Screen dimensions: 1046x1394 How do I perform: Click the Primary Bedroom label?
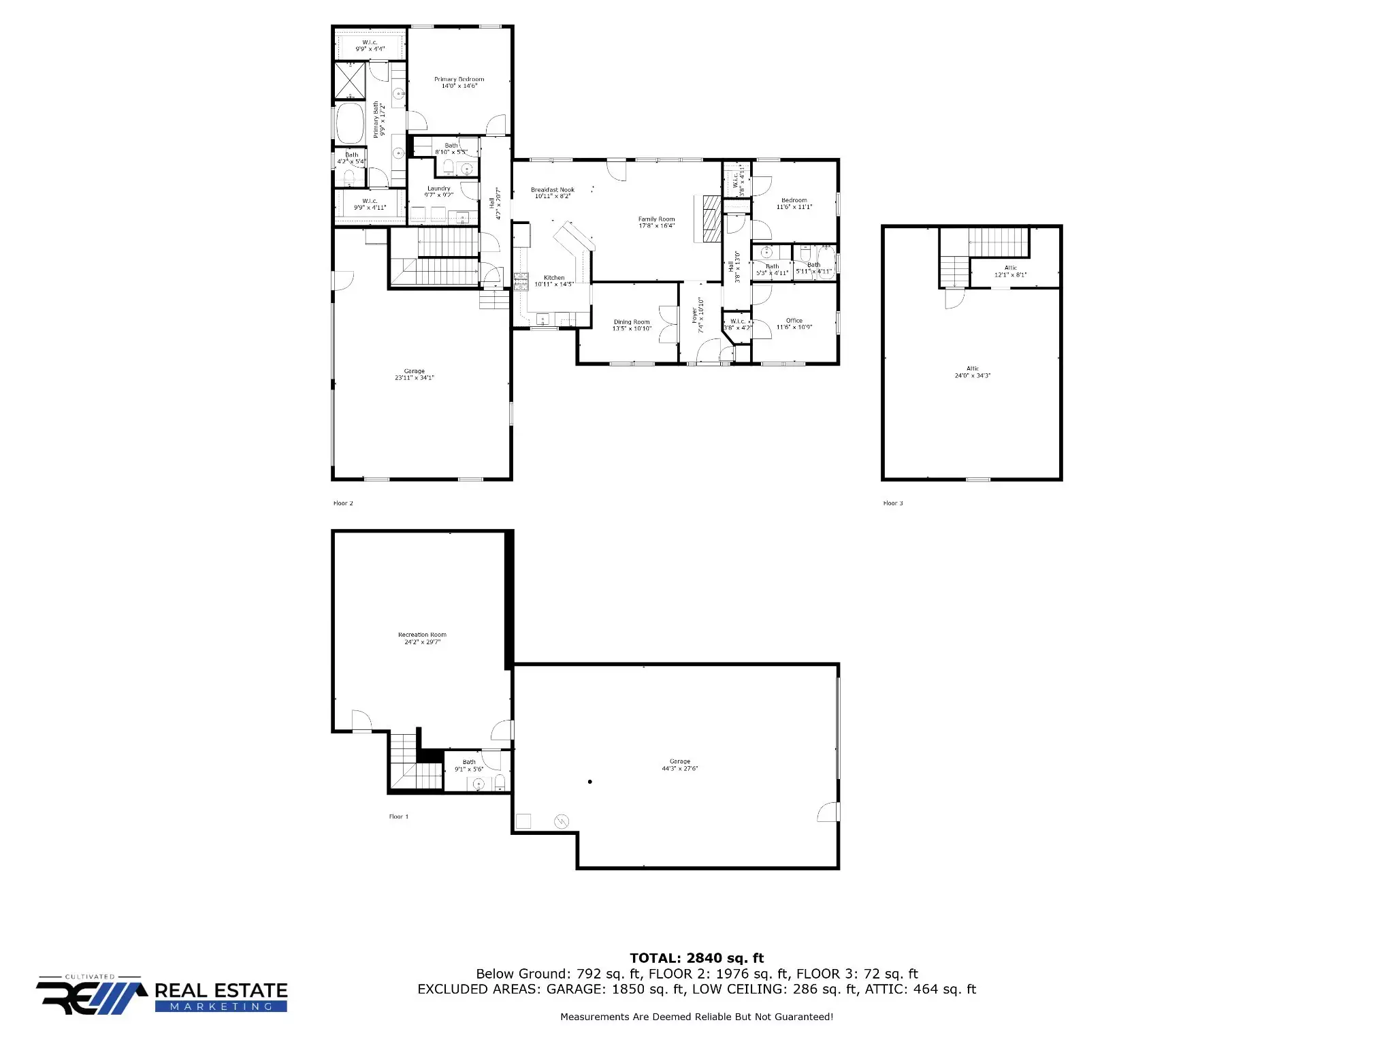click(459, 80)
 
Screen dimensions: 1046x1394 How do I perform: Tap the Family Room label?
click(656, 219)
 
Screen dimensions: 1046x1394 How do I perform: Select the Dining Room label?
click(632, 322)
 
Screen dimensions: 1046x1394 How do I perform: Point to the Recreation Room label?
click(422, 635)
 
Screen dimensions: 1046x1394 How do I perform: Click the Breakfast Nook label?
click(552, 190)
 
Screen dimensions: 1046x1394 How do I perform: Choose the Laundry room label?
click(438, 189)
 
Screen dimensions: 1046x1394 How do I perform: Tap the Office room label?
click(794, 321)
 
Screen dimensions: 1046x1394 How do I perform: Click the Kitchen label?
click(554, 278)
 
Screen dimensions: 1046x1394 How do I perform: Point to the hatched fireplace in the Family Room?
click(711, 218)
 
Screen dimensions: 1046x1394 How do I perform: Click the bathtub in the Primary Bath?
click(351, 123)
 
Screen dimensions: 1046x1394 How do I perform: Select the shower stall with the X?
click(350, 80)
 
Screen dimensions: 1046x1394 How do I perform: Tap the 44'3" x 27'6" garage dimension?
click(679, 769)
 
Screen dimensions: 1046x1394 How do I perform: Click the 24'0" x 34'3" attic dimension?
click(972, 375)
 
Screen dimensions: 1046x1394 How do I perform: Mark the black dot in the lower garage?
click(589, 782)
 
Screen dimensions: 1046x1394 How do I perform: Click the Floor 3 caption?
click(892, 503)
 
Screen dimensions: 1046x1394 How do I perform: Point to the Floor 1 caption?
click(398, 817)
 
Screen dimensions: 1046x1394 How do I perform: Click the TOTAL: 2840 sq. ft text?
click(696, 958)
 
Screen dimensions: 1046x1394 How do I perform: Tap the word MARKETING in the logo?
click(221, 1007)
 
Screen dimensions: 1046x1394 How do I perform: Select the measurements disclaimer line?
click(696, 1017)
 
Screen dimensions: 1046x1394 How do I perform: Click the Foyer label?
click(694, 315)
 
